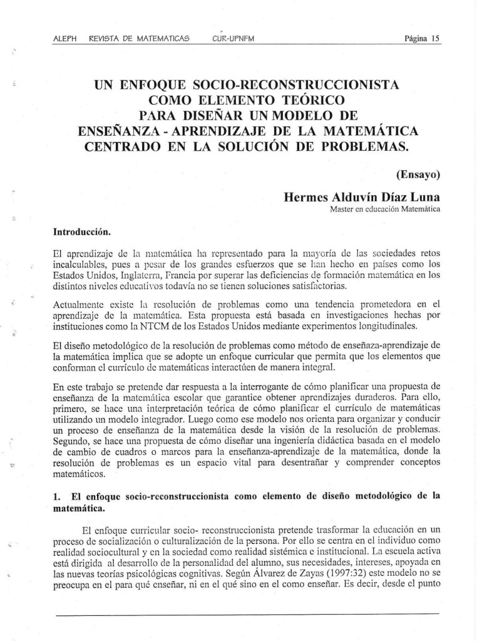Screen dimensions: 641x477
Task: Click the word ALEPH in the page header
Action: coord(65,38)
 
